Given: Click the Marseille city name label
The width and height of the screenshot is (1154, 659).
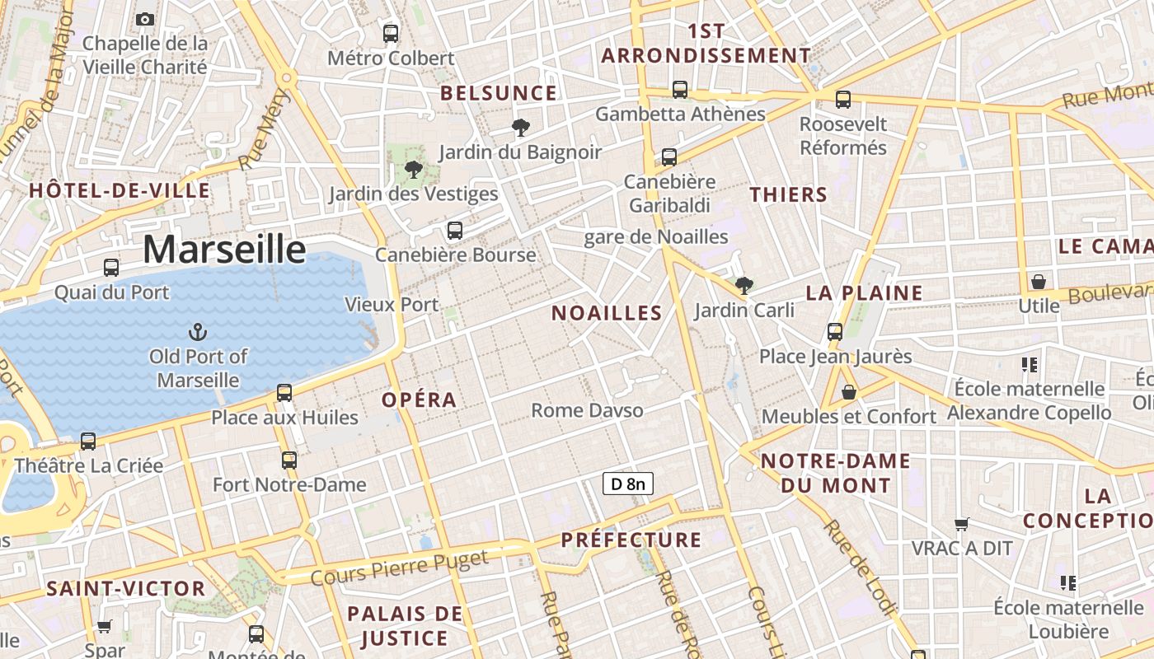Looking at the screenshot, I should tap(224, 249).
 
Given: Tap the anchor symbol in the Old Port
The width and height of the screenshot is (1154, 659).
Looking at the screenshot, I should tap(198, 333).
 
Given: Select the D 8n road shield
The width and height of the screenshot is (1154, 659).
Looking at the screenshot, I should tap(628, 484).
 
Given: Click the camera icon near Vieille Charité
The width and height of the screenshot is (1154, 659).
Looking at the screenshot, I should tap(145, 19).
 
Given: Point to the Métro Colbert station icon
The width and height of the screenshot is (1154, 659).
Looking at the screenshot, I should tap(391, 34).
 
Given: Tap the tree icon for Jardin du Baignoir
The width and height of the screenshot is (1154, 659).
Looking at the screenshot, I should tap(520, 128).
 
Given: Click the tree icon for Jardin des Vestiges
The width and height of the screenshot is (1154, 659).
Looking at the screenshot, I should tap(414, 170).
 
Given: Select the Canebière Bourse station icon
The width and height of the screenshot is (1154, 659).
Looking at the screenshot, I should tap(455, 231).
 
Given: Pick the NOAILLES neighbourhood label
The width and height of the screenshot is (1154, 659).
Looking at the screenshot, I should tap(607, 313).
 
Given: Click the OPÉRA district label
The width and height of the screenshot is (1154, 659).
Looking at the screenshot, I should tap(419, 400).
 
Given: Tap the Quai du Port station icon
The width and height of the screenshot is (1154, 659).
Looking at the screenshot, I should tap(111, 268).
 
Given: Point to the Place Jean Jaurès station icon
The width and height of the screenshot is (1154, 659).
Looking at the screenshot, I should tap(835, 332).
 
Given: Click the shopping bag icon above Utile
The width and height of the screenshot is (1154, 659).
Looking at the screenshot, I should tap(1039, 282).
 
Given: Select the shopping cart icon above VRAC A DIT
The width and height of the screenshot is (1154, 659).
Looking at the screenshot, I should tap(961, 524).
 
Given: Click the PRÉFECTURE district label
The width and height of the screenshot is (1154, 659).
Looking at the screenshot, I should tap(631, 540).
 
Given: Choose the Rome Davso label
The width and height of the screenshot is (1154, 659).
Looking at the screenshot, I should tap(587, 410).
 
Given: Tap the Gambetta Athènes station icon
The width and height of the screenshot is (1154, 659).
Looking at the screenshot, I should tap(680, 90).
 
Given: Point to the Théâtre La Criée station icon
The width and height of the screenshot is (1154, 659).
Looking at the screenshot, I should tap(88, 442).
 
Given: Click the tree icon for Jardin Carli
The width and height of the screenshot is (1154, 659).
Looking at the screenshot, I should tap(744, 286).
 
